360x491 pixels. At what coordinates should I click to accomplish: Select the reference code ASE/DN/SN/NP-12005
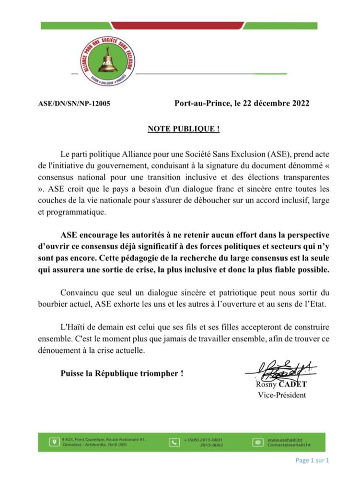74,103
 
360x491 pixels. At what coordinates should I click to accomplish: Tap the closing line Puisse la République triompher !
122,373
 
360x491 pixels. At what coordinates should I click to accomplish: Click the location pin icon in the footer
54,442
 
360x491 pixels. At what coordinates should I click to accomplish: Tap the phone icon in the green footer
174,442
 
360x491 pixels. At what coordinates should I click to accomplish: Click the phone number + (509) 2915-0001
203,439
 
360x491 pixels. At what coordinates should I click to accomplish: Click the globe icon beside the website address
257,442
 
